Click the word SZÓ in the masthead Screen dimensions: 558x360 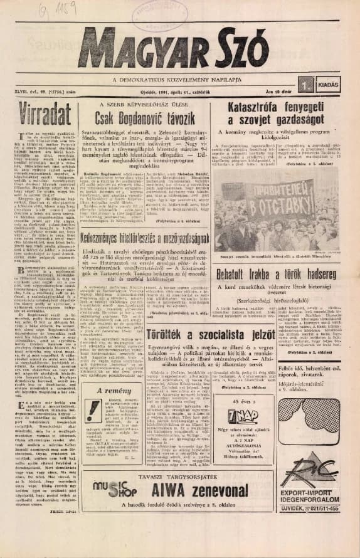tap(251, 51)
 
